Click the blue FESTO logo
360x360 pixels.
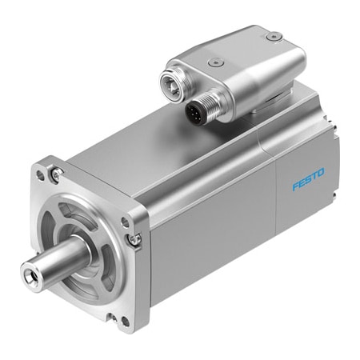point(309,178)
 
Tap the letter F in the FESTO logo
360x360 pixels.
point(295,186)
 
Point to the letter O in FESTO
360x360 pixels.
point(321,172)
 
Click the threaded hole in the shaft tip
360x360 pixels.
point(28,273)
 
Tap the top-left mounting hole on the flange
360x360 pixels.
point(40,175)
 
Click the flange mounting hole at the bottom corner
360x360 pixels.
point(125,322)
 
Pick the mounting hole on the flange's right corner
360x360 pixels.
point(125,222)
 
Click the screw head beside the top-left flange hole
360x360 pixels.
point(57,174)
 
